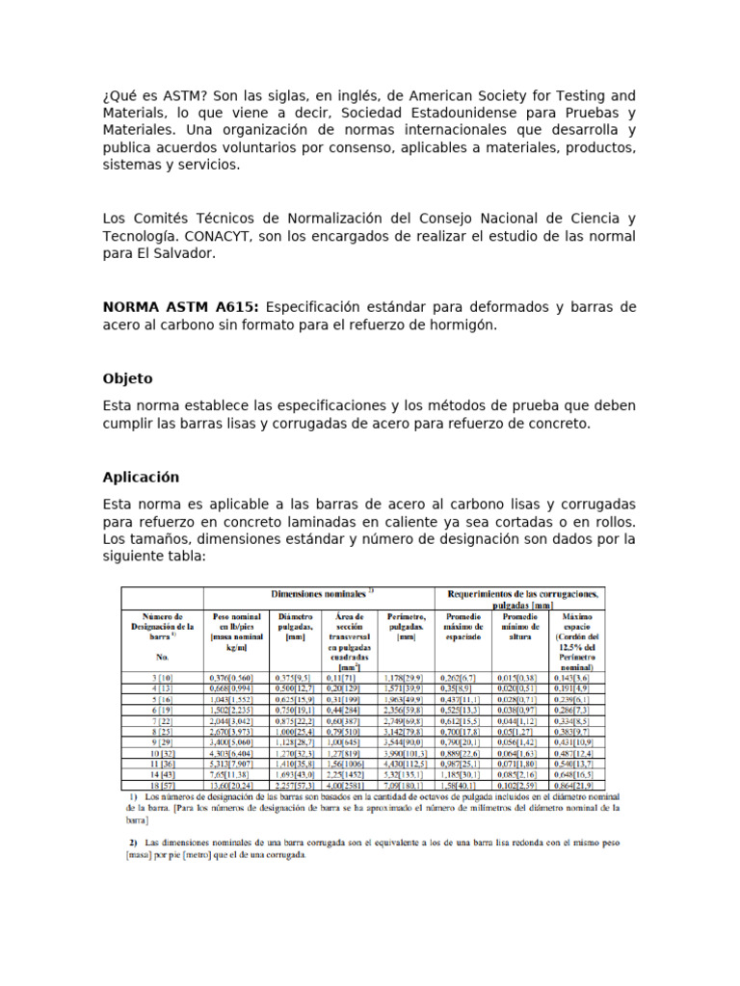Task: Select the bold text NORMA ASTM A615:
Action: coord(180,306)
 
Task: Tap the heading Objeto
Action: coord(127,378)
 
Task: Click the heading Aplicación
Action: coord(141,477)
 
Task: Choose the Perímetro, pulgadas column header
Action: coord(407,625)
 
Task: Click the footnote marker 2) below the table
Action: coord(134,842)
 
